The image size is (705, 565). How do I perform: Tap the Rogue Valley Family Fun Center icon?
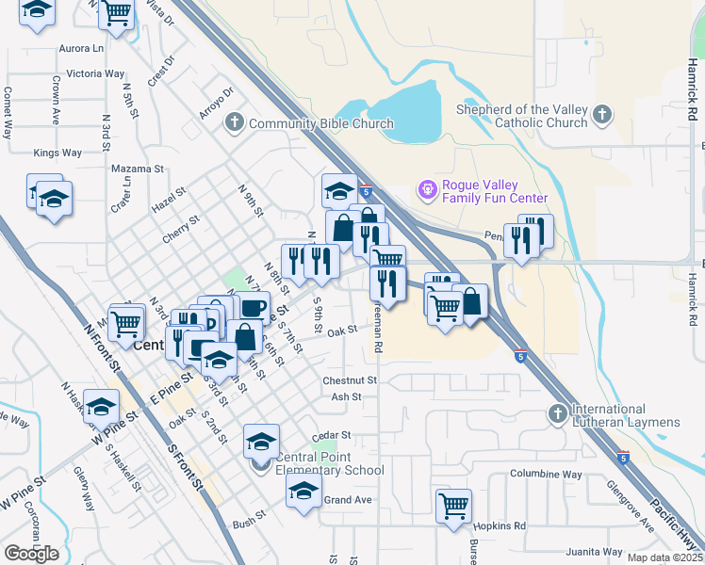click(428, 190)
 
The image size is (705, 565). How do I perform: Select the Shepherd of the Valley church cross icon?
click(602, 115)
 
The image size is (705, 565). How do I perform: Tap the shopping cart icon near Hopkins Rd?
click(453, 505)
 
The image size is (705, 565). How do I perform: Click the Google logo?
click(31, 554)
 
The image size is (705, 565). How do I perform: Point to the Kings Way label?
click(57, 153)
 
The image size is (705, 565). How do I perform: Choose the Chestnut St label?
click(350, 380)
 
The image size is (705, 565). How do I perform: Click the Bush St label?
click(249, 520)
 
